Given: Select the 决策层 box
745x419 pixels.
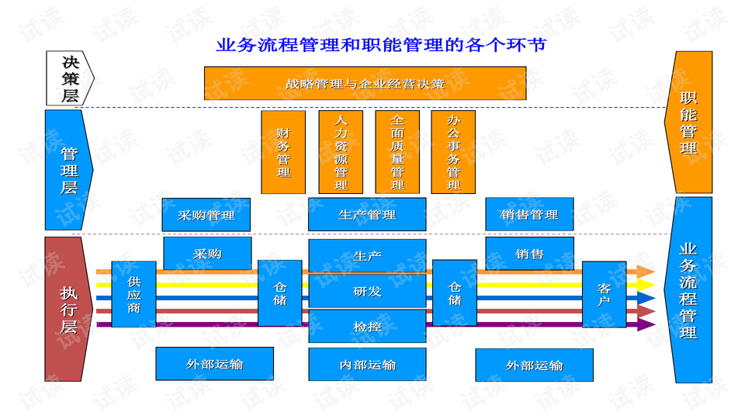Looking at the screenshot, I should pyautogui.click(x=69, y=78).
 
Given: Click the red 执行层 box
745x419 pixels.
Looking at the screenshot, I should pyautogui.click(x=68, y=309).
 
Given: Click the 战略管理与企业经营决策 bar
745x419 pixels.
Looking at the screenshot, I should pyautogui.click(x=365, y=83).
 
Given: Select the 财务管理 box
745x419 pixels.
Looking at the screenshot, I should pyautogui.click(x=283, y=152).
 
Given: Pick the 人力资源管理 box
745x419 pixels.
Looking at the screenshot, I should pyautogui.click(x=341, y=152).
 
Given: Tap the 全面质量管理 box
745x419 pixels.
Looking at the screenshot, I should pyautogui.click(x=397, y=152).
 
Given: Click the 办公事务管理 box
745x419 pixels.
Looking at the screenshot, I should pyautogui.click(x=453, y=152).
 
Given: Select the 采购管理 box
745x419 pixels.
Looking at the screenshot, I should pyautogui.click(x=206, y=215).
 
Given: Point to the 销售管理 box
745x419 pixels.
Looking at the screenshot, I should pyautogui.click(x=529, y=215).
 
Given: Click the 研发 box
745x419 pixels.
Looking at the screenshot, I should pyautogui.click(x=367, y=292).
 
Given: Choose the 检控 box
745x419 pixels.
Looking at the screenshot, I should pyautogui.click(x=367, y=327).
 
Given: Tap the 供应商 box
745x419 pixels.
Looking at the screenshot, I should pyautogui.click(x=133, y=294).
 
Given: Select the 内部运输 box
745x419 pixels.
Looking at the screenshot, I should pyautogui.click(x=367, y=365).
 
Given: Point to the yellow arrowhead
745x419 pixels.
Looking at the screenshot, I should pyautogui.click(x=646, y=285).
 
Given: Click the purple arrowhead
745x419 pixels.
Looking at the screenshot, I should pyautogui.click(x=646, y=324).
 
